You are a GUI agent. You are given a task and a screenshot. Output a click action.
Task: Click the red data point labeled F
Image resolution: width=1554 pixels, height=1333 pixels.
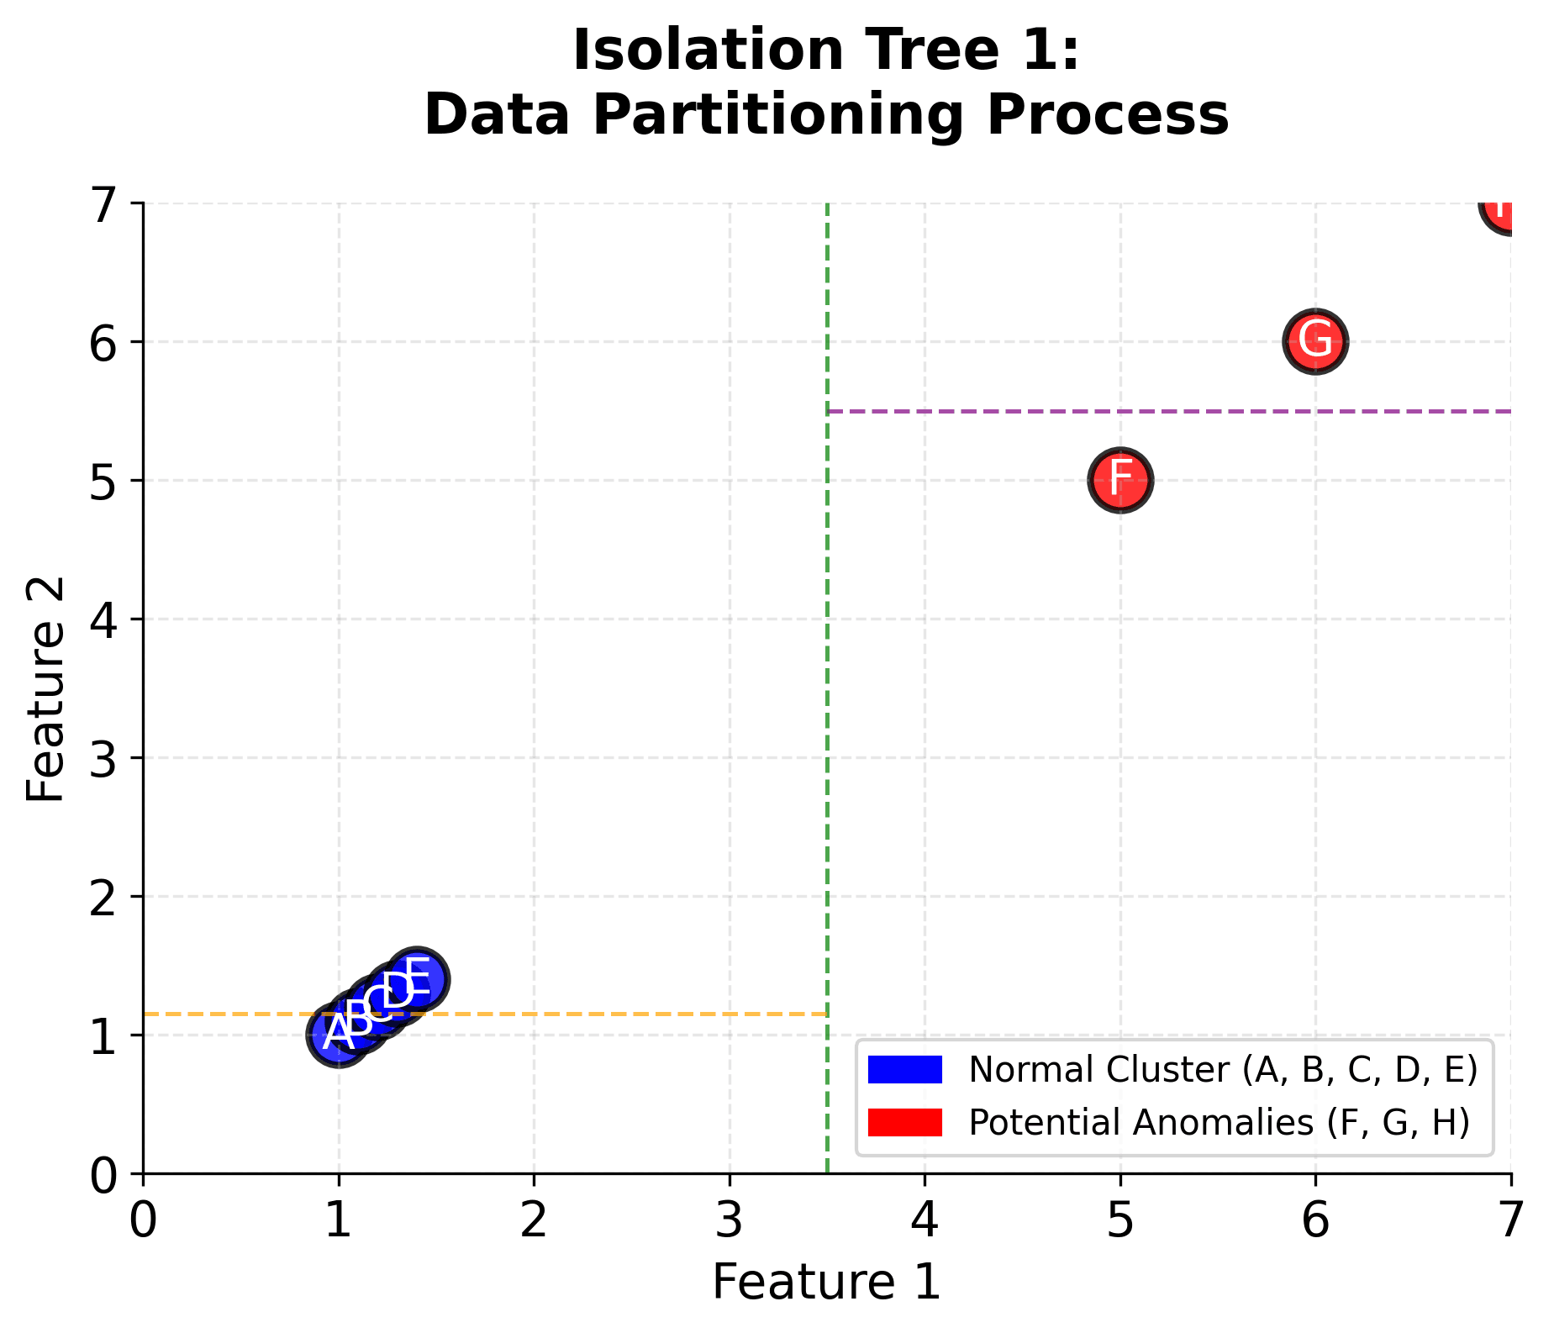1119,480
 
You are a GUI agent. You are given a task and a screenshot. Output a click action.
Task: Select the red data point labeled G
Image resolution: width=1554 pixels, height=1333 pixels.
1315,341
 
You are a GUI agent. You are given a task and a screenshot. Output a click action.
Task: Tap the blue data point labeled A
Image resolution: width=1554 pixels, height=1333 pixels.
337,1035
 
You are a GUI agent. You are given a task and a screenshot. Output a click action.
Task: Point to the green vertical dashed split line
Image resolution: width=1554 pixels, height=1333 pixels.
828,672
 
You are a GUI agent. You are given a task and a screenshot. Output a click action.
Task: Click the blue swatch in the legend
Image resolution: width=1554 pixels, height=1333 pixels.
904,1070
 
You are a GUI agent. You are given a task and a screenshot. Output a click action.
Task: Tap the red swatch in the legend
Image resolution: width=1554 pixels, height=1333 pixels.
904,1122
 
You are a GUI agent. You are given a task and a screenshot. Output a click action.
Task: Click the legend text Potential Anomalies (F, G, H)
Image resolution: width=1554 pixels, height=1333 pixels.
1219,1122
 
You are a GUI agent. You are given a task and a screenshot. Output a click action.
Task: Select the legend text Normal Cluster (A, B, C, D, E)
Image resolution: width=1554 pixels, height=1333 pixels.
1223,1070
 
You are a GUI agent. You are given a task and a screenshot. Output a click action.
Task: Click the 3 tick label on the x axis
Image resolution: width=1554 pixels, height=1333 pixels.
730,1221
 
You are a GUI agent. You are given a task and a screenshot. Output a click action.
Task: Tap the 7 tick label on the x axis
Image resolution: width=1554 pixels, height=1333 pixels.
1510,1221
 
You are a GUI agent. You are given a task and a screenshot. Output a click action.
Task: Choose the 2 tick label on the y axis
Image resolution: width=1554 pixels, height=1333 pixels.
104,897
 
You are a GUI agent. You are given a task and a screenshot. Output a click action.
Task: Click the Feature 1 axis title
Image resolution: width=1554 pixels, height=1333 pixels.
826,1283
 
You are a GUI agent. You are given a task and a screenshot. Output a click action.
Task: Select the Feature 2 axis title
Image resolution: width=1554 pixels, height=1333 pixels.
45,689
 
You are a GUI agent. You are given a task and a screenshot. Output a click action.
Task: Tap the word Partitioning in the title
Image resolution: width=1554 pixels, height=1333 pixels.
778,115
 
